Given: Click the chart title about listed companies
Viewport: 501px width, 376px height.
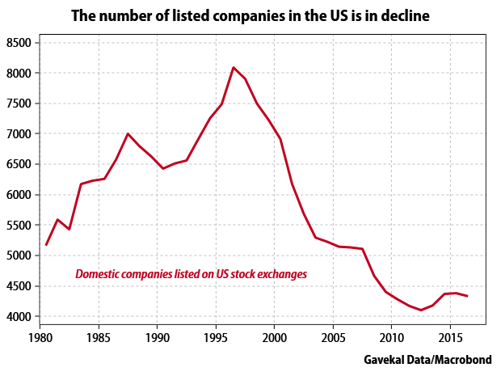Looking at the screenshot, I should pyautogui.click(x=251, y=15).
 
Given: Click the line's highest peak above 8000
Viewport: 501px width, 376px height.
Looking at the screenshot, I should pyautogui.click(x=234, y=68).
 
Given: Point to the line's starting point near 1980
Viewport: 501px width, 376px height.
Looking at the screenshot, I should pyautogui.click(x=47, y=244).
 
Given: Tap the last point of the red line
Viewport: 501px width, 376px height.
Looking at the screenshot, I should pyautogui.click(x=467, y=296).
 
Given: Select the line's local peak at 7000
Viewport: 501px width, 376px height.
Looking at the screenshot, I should pyautogui.click(x=128, y=133).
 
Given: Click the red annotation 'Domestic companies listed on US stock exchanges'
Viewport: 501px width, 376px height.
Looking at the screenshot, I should pyautogui.click(x=191, y=274).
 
